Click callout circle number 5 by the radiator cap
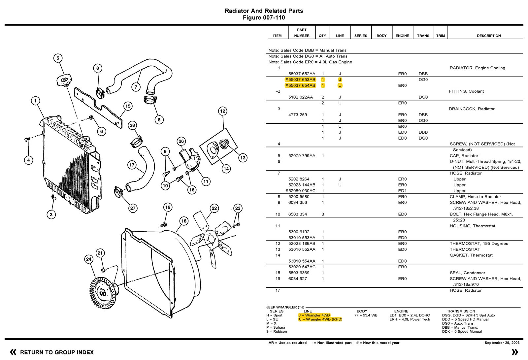(x=58, y=58)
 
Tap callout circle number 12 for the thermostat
(x=222, y=111)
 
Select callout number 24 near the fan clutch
(x=88, y=259)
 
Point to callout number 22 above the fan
(x=214, y=208)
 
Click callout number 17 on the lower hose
(x=132, y=165)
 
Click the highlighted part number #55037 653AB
(x=300, y=80)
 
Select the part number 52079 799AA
(x=302, y=156)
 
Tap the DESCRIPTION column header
(x=488, y=36)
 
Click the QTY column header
(x=322, y=36)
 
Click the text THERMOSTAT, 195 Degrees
(x=478, y=244)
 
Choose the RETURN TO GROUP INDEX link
(x=57, y=352)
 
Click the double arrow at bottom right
(x=514, y=352)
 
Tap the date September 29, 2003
(x=502, y=343)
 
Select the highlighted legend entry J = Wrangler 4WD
(x=314, y=315)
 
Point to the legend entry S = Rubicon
(x=277, y=332)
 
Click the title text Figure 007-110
(x=264, y=18)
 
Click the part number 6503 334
(x=298, y=214)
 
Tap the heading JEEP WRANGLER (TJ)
(x=285, y=307)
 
